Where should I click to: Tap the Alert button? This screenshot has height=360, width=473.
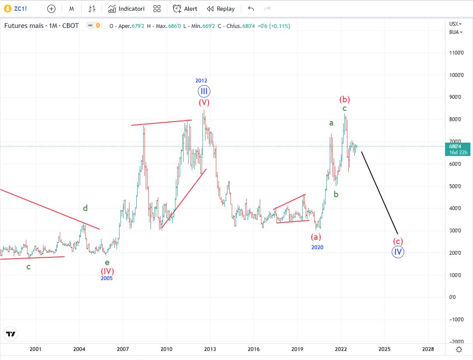click(185, 9)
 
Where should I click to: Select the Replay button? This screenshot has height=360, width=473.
click(221, 9)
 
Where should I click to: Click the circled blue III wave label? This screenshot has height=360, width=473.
click(204, 91)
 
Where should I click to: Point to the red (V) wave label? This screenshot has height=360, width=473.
click(204, 103)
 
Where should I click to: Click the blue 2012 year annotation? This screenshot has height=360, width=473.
click(201, 81)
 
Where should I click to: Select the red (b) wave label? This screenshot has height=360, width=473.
click(344, 99)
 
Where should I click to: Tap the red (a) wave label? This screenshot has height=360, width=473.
click(316, 236)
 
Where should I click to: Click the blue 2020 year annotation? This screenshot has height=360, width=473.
click(317, 247)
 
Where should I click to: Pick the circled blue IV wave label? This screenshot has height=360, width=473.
click(398, 252)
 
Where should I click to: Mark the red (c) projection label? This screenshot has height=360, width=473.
click(398, 241)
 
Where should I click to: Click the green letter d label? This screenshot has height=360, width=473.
click(86, 208)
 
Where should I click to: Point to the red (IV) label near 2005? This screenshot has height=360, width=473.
click(107, 271)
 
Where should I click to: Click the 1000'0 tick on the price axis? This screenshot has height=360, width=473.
click(456, 75)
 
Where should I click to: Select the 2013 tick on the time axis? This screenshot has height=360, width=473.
click(210, 349)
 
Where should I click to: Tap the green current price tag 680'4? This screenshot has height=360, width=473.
click(458, 149)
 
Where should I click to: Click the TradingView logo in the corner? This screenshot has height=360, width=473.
click(11, 334)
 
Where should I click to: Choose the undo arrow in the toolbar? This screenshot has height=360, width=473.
click(251, 9)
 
